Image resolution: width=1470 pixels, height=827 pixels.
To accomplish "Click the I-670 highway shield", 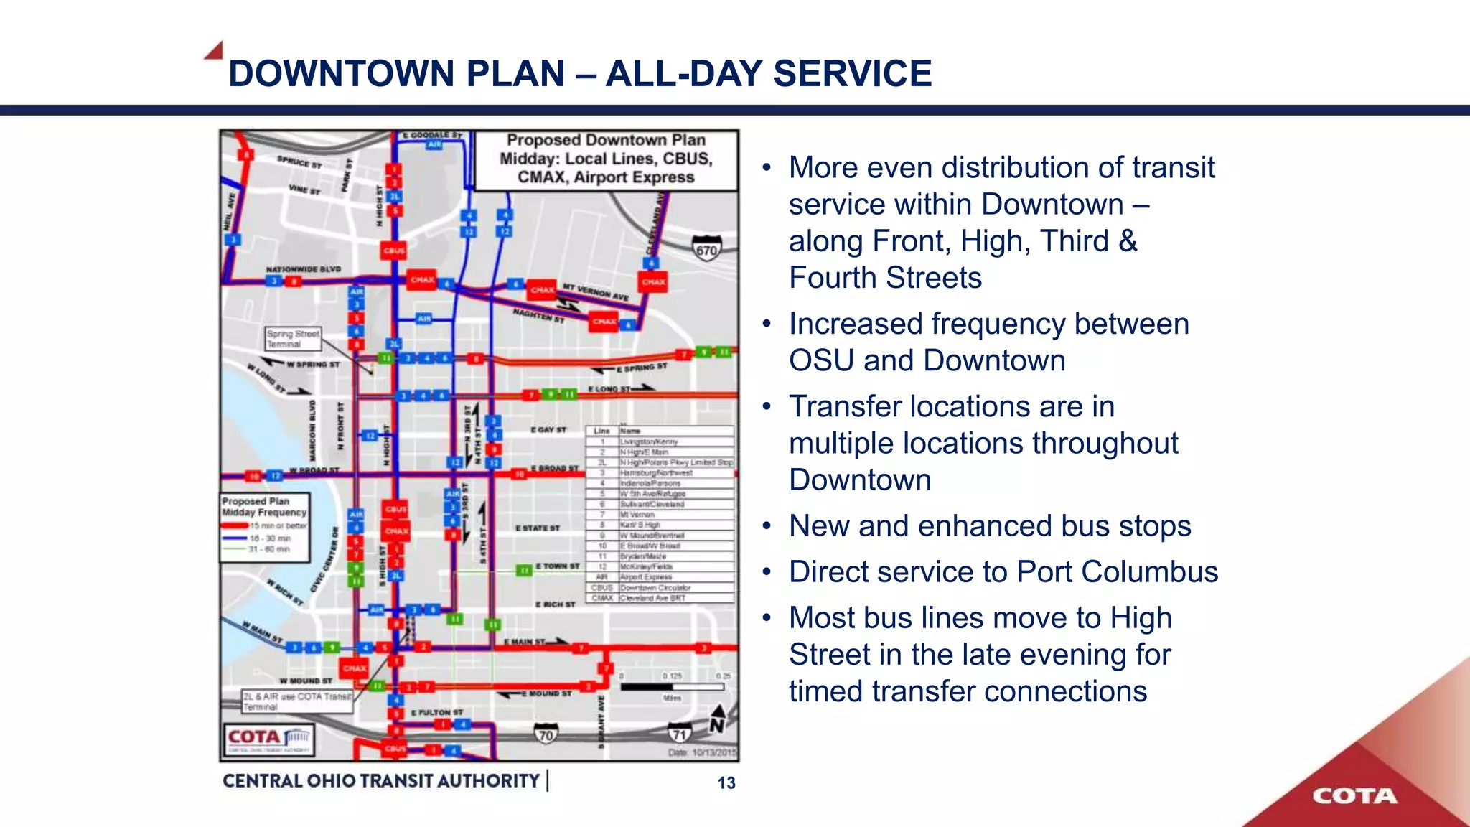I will click(706, 248).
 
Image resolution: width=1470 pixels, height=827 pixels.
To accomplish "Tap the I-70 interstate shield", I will click(546, 734).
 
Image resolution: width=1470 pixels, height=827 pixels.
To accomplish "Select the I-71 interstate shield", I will click(679, 734).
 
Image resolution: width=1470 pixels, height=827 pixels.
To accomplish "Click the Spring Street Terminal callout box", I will click(293, 339).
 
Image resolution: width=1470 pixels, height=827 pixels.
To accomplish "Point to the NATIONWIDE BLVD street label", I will click(303, 269).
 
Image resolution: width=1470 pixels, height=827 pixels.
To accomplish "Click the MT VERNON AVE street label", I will click(595, 291).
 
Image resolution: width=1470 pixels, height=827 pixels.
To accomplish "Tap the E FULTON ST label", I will click(437, 712).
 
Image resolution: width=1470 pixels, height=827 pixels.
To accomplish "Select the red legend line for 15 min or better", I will click(235, 525).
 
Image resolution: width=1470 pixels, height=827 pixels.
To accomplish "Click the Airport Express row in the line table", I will click(659, 576).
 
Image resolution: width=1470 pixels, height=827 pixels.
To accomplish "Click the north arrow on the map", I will click(717, 720).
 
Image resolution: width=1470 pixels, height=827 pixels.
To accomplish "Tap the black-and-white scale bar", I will click(672, 687).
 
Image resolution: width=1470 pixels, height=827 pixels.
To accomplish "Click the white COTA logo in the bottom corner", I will click(1354, 795).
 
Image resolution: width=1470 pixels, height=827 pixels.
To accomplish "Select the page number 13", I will click(726, 783).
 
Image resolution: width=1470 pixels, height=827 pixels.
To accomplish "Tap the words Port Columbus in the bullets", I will click(1118, 572).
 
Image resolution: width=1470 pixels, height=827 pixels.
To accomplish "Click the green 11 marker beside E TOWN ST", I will click(525, 571).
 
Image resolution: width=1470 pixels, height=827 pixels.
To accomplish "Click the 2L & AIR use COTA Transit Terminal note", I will click(297, 701).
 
